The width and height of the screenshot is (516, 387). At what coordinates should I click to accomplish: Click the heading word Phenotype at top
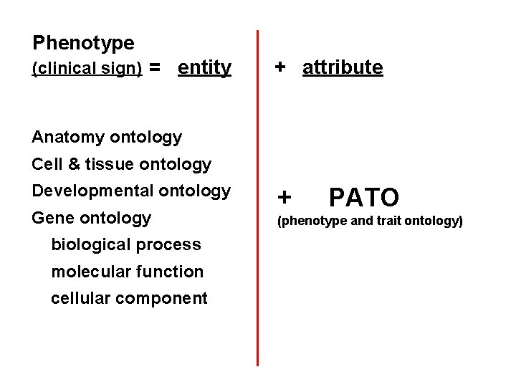pyautogui.click(x=83, y=43)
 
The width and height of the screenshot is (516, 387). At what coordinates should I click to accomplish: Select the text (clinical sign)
pyautogui.click(x=87, y=69)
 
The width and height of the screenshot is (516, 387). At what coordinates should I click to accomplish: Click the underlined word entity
pyautogui.click(x=204, y=68)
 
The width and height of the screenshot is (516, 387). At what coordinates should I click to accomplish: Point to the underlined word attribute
pyautogui.click(x=343, y=68)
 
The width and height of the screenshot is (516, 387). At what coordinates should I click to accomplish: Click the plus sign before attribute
pyautogui.click(x=282, y=67)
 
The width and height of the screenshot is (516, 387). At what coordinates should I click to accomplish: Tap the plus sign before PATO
pyautogui.click(x=285, y=196)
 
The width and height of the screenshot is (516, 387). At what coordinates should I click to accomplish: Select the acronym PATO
pyautogui.click(x=363, y=196)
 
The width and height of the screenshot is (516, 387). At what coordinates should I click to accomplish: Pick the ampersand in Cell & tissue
pyautogui.click(x=73, y=164)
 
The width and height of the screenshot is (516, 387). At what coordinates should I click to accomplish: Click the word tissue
pyautogui.click(x=110, y=164)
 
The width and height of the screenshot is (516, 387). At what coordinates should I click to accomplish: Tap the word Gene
pyautogui.click(x=53, y=218)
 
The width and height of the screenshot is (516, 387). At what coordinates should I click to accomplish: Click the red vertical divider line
pyautogui.click(x=258, y=215)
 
